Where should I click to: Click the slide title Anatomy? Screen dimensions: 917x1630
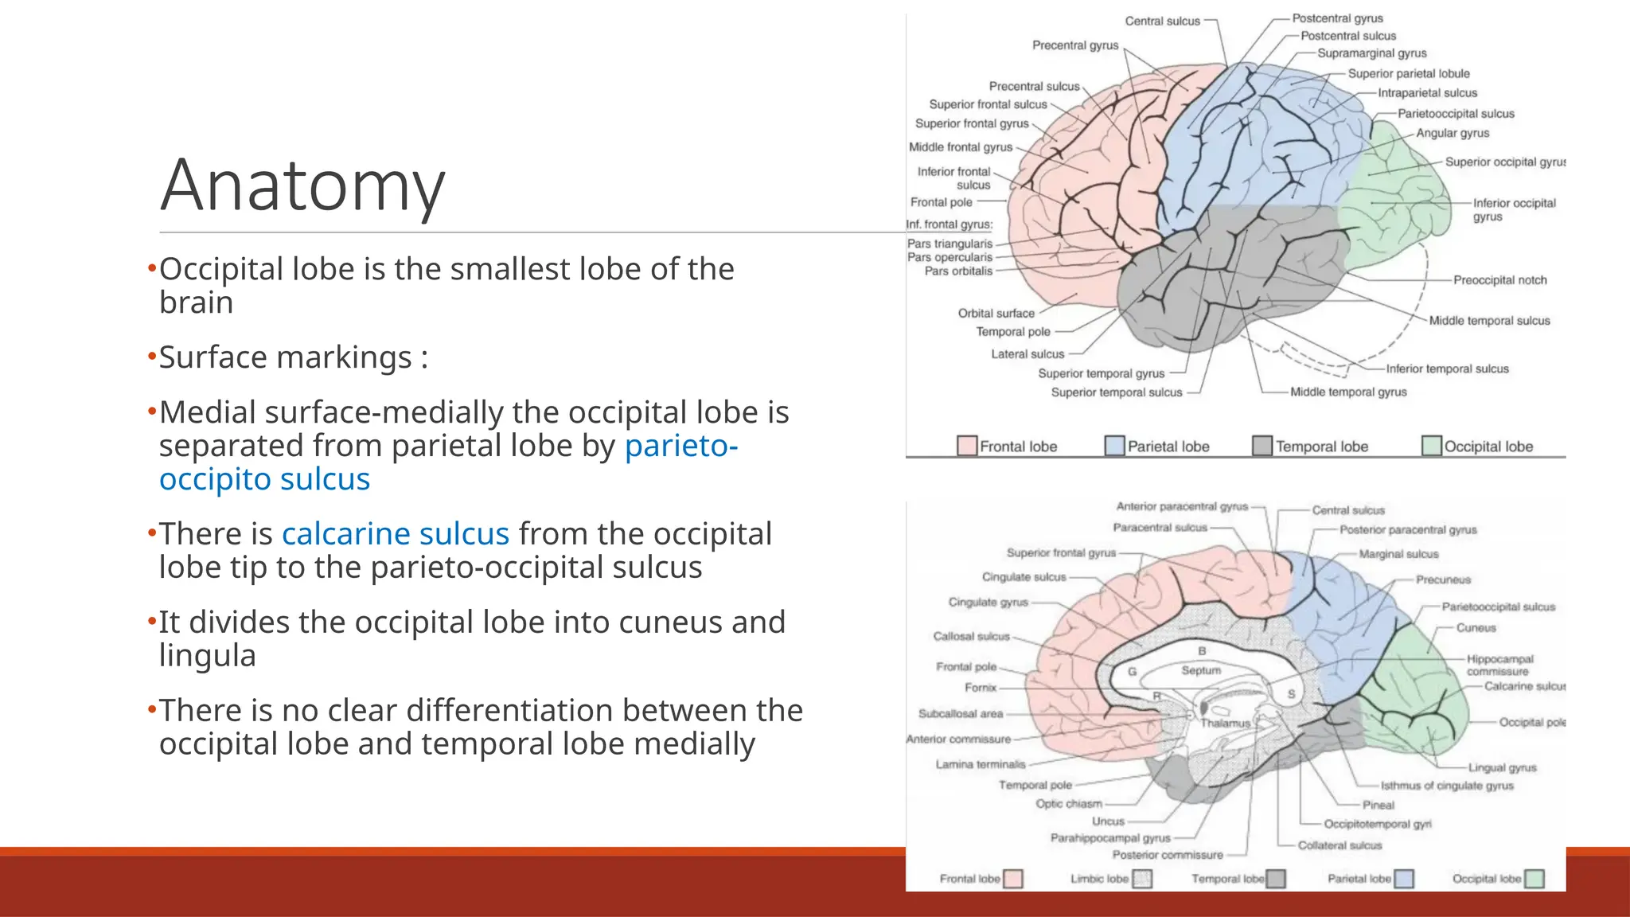point(302,185)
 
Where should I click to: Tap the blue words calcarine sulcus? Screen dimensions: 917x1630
point(395,534)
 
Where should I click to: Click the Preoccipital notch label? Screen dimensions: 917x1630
point(1499,280)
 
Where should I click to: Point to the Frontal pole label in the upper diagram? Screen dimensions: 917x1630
point(941,202)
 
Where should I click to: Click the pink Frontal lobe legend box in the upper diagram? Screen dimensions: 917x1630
point(967,446)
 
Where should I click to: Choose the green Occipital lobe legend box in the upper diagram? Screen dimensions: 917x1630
point(1432,446)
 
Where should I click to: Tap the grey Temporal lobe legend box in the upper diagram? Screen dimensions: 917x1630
point(1262,446)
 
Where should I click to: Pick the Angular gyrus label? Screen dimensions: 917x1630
point(1453,133)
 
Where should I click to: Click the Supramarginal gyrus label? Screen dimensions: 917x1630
point(1371,53)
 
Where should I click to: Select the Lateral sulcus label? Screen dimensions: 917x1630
point(1027,354)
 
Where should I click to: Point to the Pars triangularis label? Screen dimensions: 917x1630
point(950,244)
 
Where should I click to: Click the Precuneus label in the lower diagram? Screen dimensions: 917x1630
point(1443,579)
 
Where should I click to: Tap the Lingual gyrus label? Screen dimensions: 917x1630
point(1502,768)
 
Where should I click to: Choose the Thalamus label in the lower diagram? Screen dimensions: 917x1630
point(1225,724)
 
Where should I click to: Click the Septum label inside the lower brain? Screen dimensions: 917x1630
point(1201,671)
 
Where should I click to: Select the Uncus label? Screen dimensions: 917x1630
point(1108,821)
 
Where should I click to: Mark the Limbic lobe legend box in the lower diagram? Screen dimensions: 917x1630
point(1142,879)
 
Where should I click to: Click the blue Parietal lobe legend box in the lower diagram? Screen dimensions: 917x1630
point(1404,879)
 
